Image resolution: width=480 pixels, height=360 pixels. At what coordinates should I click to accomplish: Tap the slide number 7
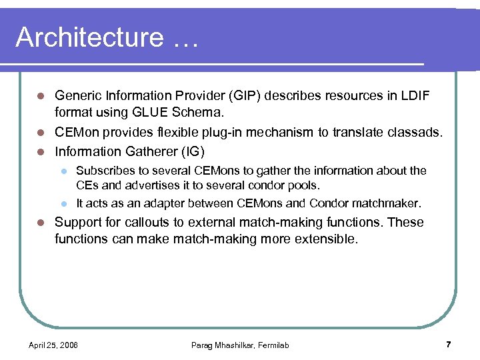point(449,345)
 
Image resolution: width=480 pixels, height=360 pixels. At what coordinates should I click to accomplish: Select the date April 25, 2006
point(53,345)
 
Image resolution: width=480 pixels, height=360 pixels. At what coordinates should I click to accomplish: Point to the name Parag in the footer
point(203,345)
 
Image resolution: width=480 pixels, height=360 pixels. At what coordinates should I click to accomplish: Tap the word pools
point(306,185)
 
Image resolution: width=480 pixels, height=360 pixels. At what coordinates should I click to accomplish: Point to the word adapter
point(159,203)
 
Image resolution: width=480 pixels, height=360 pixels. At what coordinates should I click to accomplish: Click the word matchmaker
point(387,203)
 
